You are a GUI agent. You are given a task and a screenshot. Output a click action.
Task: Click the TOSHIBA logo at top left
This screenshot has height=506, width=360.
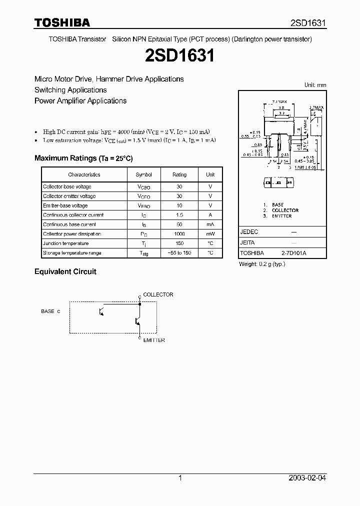(x=62, y=22)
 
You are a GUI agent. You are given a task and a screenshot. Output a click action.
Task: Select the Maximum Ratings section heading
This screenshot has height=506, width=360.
(x=83, y=158)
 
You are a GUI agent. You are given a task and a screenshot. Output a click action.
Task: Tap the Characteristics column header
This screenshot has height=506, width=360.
(x=84, y=174)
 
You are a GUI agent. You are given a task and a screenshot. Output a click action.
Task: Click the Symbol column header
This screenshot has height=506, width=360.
(x=143, y=174)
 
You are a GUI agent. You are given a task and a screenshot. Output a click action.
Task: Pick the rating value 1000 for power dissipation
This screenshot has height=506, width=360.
(x=179, y=234)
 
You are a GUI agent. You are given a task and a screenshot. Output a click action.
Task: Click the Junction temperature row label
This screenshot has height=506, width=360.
(x=65, y=243)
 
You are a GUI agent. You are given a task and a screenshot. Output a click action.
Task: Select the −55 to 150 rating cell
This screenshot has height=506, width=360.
(x=179, y=253)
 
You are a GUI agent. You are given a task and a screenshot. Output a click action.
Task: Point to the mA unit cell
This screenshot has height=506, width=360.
(x=210, y=224)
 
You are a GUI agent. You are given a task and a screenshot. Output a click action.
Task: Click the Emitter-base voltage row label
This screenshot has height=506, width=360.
(x=65, y=205)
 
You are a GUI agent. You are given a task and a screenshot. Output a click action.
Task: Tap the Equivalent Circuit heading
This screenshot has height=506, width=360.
(x=65, y=271)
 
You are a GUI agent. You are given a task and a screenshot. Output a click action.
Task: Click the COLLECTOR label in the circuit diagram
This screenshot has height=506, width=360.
(x=158, y=294)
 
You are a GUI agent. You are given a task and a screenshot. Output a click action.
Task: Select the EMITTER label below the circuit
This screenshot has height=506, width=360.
(x=154, y=340)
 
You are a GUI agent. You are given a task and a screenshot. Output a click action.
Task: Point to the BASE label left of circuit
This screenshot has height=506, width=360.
(x=48, y=311)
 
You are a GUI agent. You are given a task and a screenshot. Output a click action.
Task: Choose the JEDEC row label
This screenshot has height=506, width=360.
(x=249, y=232)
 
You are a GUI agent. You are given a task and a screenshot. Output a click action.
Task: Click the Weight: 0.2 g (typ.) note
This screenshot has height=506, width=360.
(x=261, y=263)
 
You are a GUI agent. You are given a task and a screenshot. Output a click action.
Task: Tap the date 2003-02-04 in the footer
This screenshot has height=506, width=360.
(x=307, y=478)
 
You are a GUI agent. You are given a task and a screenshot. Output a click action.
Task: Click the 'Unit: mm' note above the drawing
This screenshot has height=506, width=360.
(x=315, y=85)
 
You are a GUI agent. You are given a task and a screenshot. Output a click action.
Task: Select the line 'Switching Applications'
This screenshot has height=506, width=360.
(x=70, y=90)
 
